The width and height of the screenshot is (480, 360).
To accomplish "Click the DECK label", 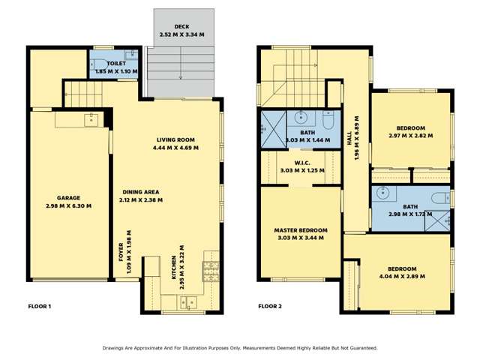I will click(181, 25).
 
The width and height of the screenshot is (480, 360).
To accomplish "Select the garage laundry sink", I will click(91, 118).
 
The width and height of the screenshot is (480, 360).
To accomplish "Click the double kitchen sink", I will click(185, 302).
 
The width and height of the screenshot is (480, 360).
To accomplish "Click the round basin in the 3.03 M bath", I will click(301, 117).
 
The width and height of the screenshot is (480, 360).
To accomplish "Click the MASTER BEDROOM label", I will click(301, 229).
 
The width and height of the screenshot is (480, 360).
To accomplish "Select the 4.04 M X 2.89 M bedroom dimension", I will click(406, 277).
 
